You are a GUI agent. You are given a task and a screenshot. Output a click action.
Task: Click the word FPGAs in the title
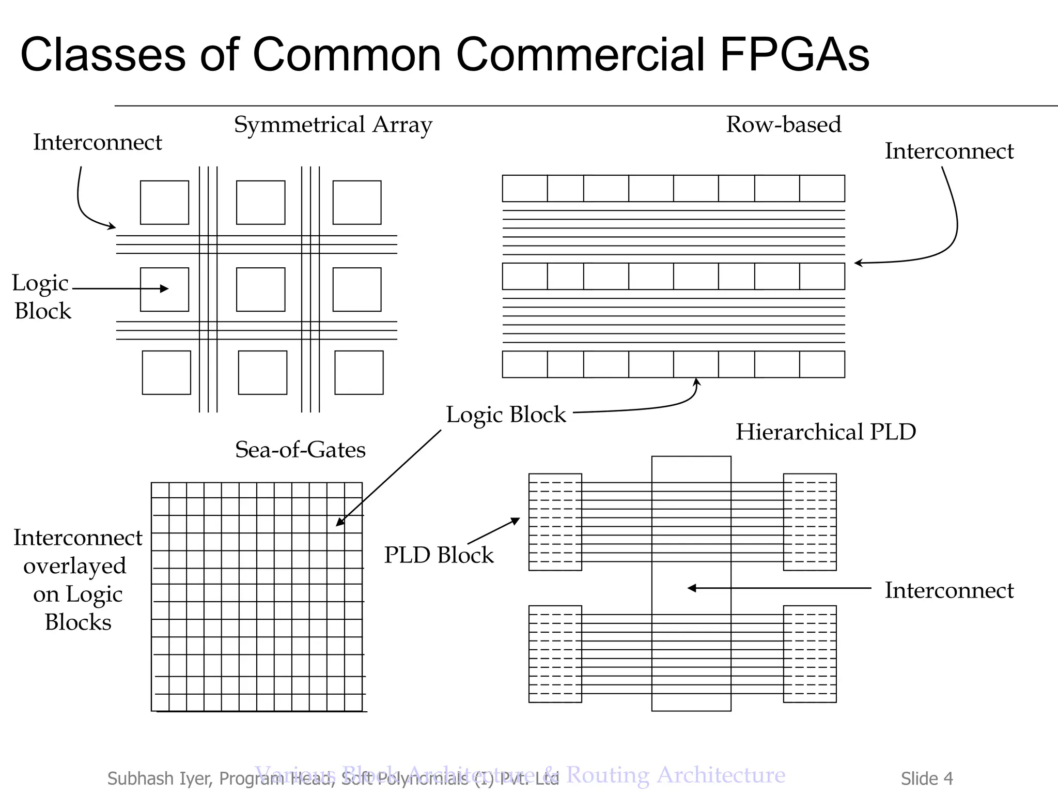pos(794,54)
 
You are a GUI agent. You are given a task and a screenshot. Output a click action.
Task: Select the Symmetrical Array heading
pos(333,125)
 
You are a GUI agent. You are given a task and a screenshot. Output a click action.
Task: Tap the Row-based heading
pos(783,125)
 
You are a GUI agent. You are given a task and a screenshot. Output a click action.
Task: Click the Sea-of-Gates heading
pos(300,450)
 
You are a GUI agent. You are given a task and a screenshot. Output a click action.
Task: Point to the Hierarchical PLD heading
pos(826,432)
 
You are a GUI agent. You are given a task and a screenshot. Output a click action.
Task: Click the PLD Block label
pos(439,555)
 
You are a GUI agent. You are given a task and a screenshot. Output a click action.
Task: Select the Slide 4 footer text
pos(927,778)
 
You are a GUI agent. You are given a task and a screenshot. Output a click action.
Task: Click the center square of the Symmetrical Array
pos(260,289)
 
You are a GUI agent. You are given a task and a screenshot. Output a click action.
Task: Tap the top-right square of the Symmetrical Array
pos(357,203)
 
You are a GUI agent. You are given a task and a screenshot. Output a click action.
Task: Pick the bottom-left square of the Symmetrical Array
pos(166,373)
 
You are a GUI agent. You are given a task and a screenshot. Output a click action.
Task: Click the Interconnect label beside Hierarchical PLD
pos(949,590)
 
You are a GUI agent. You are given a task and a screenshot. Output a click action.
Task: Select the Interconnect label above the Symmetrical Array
pos(97,143)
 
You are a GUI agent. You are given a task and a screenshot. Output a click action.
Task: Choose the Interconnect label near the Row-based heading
pos(949,151)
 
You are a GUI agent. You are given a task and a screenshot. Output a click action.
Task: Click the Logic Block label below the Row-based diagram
pos(506,415)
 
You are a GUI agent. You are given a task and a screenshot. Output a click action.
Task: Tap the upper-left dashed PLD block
pos(555,522)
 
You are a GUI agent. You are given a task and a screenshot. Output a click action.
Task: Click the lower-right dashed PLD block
pos(810,654)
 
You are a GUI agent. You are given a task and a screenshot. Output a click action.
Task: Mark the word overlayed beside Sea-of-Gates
pos(75,566)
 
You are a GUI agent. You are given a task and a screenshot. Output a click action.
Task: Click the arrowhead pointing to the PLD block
pos(516,520)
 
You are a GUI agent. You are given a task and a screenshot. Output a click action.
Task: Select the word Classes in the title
pos(103,54)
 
